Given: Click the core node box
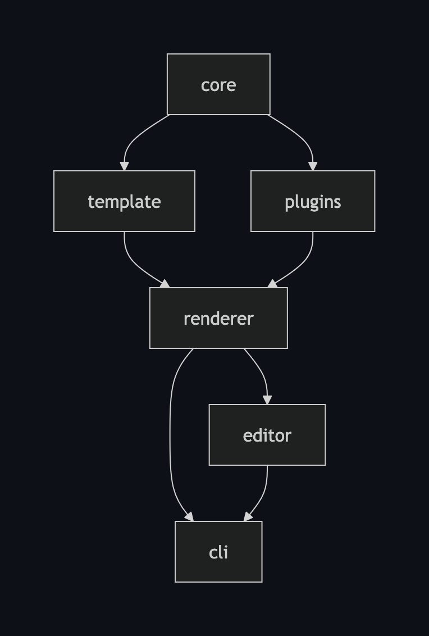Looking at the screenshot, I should pos(218,84).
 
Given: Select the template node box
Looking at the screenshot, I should pos(124,201).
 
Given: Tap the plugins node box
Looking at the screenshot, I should pos(312,201).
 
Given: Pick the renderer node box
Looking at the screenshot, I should pos(218,318).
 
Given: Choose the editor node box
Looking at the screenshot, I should pos(267,435).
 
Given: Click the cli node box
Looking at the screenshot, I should pos(218,552).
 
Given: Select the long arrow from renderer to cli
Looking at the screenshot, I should pos(170,438).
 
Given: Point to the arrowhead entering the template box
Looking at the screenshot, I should pos(124,166).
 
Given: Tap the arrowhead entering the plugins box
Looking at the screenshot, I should pos(313,166).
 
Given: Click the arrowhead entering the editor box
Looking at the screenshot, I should pos(267,400).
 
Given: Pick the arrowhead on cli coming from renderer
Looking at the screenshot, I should pos(189,516).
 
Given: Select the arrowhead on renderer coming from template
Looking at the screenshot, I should pos(165,284).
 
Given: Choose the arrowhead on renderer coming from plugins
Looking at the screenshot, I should pos(273,284).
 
